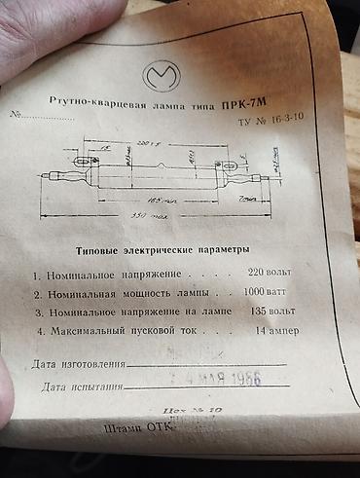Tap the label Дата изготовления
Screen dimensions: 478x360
click(x=78, y=365)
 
